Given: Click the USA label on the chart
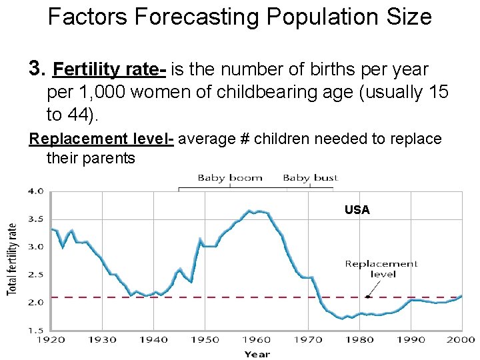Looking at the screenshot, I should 357,210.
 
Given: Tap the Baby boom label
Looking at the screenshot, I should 230,178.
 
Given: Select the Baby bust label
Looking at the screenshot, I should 310,178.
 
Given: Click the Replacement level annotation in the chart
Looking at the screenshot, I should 381,269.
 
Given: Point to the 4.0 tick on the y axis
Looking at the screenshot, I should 35,191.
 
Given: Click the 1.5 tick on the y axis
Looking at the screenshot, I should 35,329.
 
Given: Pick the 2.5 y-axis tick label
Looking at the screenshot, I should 35,274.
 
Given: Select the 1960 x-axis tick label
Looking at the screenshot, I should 257,339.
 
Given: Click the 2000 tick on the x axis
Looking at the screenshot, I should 461,339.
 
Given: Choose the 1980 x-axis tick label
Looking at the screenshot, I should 360,339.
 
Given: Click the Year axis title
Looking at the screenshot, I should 257,353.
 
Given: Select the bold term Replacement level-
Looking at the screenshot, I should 101,139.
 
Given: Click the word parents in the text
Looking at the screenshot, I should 111,158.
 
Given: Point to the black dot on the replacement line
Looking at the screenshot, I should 368,297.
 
